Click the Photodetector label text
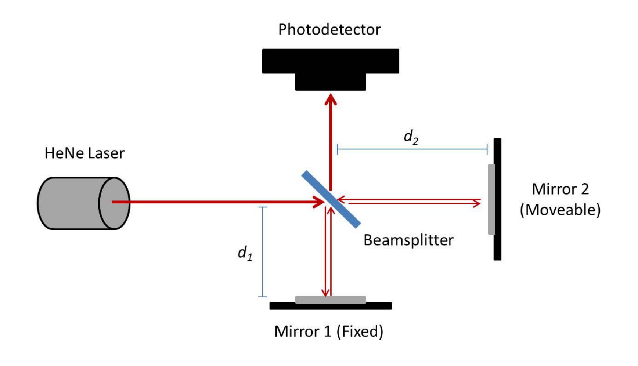[329, 29]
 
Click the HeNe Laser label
[84, 153]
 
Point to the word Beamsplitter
[408, 240]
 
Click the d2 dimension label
[411, 137]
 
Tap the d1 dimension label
[245, 253]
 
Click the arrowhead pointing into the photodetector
[331, 100]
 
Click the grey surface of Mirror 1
[330, 300]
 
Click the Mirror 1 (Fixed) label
[328, 331]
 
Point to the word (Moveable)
[560, 210]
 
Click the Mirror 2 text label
[560, 189]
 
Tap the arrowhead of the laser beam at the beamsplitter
[319, 202]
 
